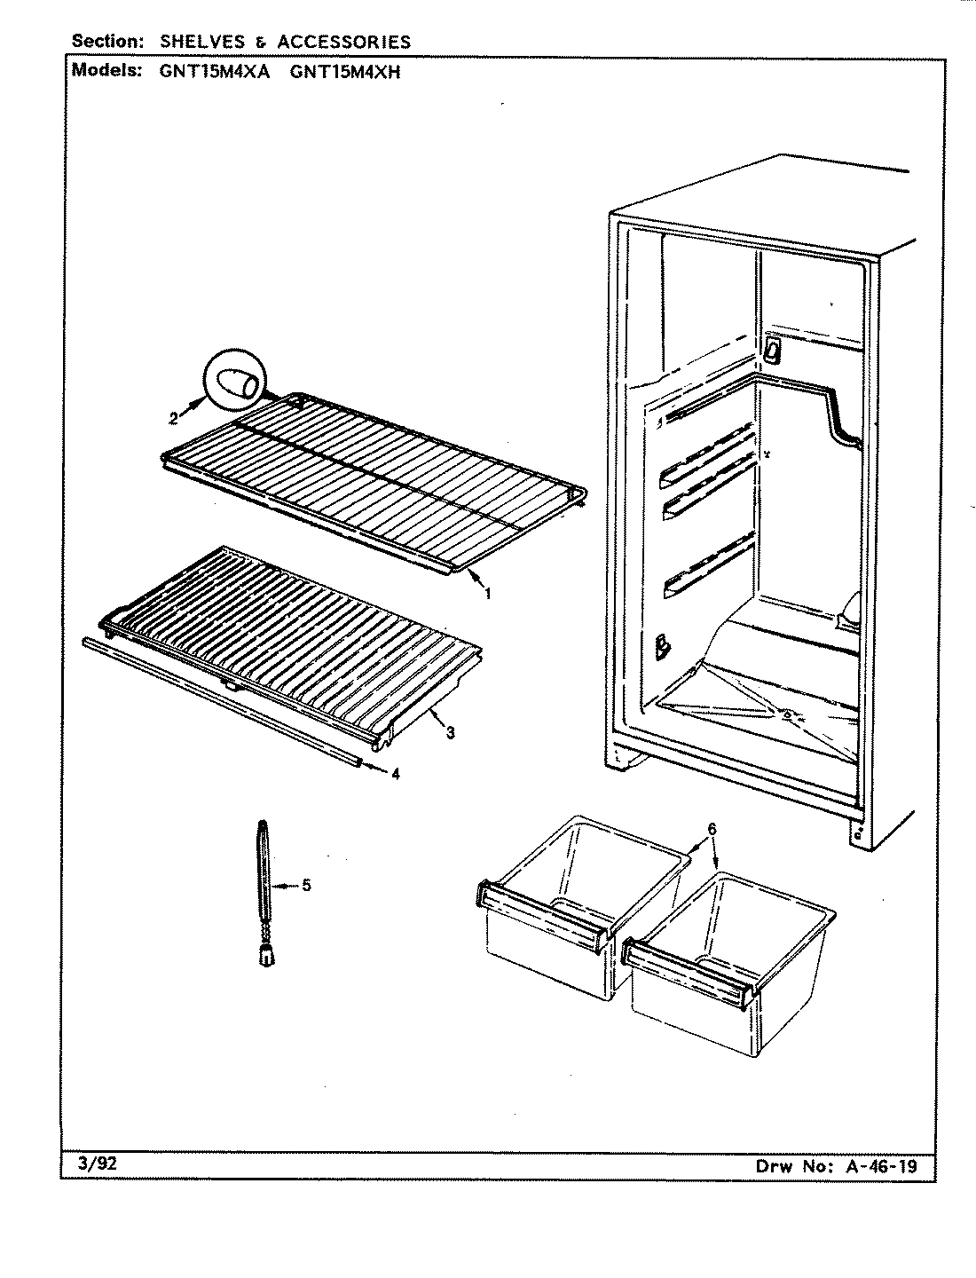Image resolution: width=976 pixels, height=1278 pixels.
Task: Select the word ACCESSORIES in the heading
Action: [x=343, y=42]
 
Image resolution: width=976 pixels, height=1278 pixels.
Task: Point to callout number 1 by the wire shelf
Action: [x=487, y=594]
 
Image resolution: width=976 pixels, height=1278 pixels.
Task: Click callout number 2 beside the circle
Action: [x=174, y=416]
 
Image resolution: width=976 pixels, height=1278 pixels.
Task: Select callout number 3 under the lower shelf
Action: [x=451, y=732]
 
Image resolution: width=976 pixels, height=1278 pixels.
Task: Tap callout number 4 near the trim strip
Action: [x=395, y=774]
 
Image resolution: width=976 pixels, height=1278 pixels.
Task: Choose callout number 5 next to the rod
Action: [x=306, y=885]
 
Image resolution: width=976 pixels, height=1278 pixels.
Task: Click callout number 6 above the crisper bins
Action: [x=712, y=829]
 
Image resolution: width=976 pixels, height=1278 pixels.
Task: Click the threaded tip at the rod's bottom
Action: [x=265, y=955]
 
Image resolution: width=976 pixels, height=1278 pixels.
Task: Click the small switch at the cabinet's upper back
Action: [x=771, y=350]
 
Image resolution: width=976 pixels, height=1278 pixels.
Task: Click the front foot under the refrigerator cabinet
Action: [x=626, y=758]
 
